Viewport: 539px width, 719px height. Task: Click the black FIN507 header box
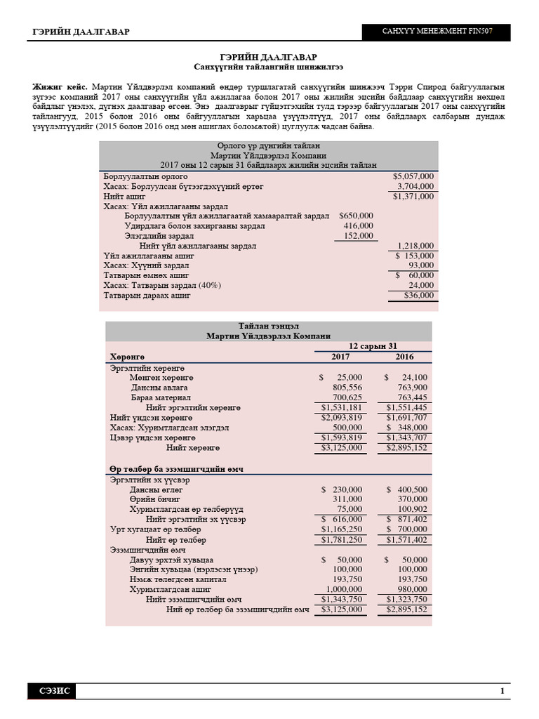(436, 32)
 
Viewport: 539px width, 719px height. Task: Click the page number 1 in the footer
(503, 692)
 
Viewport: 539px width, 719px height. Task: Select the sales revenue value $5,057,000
(413, 176)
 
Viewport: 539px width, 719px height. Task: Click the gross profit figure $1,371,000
(413, 197)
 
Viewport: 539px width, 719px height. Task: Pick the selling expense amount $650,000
(356, 216)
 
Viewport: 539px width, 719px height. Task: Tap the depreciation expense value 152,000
(359, 237)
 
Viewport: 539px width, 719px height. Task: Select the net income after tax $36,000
(419, 296)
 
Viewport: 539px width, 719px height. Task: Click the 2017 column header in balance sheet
(340, 357)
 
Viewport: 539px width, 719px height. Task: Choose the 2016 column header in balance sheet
(404, 357)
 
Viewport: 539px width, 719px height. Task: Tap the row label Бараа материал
(157, 397)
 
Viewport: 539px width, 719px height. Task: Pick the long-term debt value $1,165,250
(342, 529)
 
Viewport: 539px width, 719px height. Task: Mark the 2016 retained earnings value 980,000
(409, 590)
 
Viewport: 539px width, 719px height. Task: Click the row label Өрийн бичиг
(154, 499)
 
